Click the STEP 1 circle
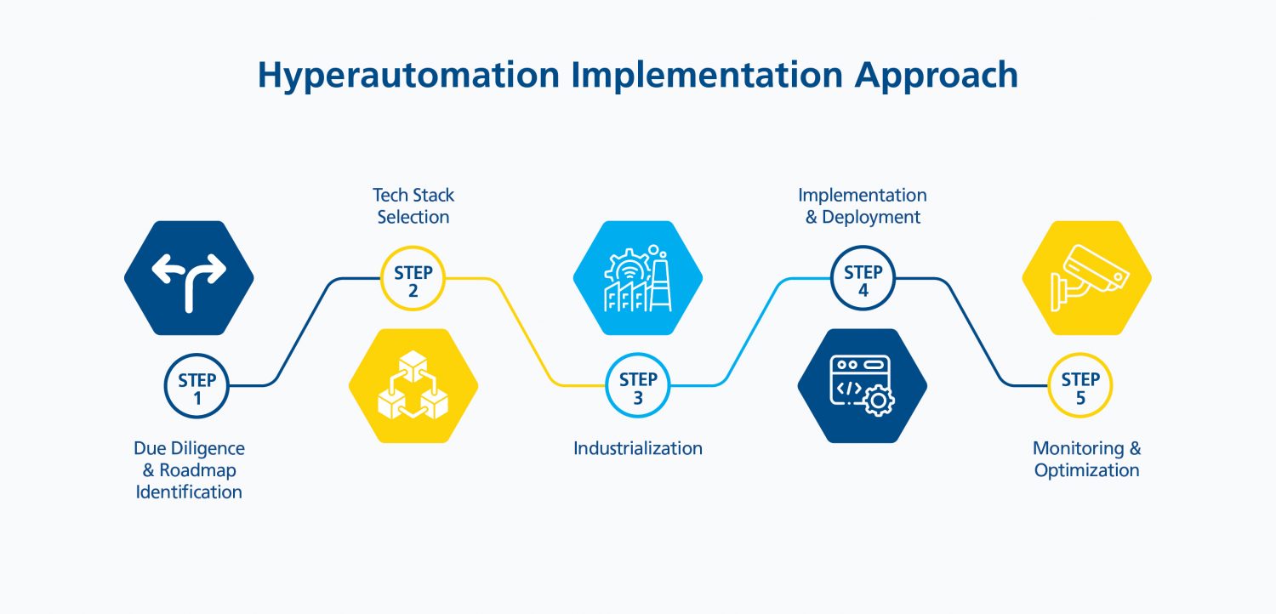pos(197,386)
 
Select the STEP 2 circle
pos(413,279)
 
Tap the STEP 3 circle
pos(637,385)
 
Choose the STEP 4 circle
pos(863,278)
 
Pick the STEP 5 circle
pos(1080,385)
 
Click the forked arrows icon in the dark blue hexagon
pos(189,283)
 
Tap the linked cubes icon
pos(413,385)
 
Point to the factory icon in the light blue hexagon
pos(638,279)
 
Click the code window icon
pos(862,385)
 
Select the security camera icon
pos(1089,277)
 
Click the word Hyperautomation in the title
pos(408,76)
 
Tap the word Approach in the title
pos(936,76)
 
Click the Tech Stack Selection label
pos(413,206)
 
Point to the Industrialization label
pos(637,448)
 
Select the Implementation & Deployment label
pos(863,206)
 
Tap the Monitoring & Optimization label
pos(1087,459)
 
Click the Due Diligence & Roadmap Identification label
pos(189,470)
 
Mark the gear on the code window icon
pos(879,401)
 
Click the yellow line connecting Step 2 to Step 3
pos(525,332)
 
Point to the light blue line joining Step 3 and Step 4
pos(750,332)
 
